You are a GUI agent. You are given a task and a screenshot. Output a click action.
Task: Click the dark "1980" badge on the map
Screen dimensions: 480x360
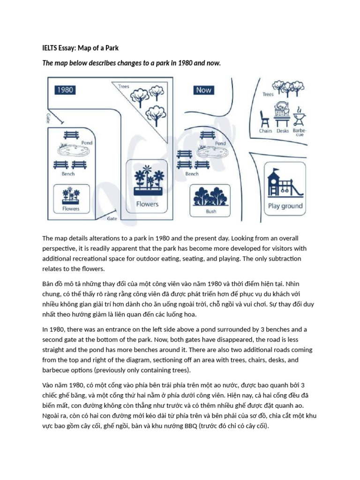pyautogui.click(x=65, y=89)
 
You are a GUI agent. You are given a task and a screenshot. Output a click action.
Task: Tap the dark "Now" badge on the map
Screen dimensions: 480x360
pyautogui.click(x=203, y=90)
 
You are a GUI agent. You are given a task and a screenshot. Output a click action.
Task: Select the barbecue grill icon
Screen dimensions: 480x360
pyautogui.click(x=299, y=115)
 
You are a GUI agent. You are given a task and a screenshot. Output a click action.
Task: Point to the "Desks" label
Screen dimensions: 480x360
pyautogui.click(x=283, y=131)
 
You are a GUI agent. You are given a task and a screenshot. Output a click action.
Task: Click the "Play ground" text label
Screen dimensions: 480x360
pyautogui.click(x=285, y=206)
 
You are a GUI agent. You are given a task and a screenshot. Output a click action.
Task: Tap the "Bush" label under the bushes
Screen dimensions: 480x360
pyautogui.click(x=211, y=211)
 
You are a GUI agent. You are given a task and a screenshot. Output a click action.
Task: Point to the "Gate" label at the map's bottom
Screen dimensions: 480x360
pyautogui.click(x=112, y=218)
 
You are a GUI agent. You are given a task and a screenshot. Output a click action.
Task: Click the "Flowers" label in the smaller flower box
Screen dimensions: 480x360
pyautogui.click(x=71, y=209)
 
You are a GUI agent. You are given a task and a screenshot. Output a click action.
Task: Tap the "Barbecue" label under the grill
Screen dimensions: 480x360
pyautogui.click(x=299, y=132)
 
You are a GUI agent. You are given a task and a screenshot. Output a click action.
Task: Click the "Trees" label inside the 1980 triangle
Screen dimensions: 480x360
pyautogui.click(x=124, y=86)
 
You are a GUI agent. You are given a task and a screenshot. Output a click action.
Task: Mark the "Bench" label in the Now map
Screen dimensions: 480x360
pyautogui.click(x=192, y=173)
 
